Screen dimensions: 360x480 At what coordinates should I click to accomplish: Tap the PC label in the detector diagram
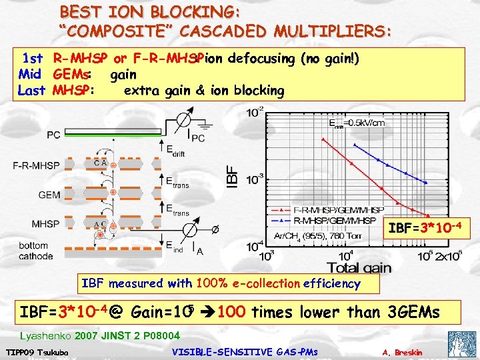pyautogui.click(x=53, y=135)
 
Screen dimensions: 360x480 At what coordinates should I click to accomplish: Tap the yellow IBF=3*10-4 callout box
pyautogui.click(x=425, y=231)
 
